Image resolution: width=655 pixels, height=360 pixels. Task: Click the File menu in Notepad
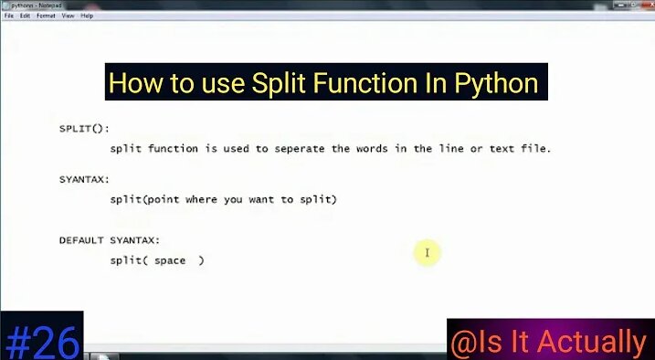[9, 16]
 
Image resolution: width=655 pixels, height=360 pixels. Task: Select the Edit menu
[25, 16]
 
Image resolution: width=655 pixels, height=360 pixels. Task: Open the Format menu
[46, 16]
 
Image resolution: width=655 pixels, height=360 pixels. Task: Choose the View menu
[68, 16]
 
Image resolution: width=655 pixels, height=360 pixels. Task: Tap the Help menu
[87, 16]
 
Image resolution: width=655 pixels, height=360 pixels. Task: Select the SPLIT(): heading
[84, 128]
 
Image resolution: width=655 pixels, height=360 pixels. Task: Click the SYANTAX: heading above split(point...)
[84, 179]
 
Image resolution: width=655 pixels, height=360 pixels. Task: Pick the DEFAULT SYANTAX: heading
[110, 239]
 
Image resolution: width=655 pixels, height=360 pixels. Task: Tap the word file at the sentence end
[538, 148]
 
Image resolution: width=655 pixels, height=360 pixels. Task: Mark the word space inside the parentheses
[170, 260]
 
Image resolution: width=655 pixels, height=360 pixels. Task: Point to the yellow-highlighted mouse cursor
[427, 252]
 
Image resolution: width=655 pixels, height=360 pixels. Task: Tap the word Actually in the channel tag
[593, 342]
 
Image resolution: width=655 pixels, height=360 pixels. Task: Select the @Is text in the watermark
[477, 342]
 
